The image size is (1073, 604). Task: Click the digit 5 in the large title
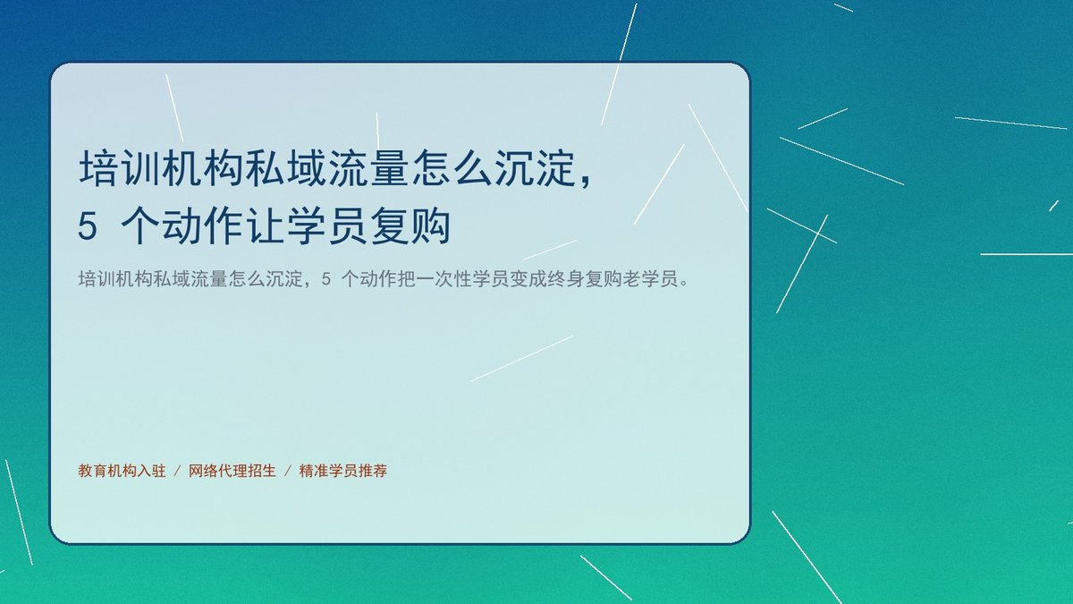click(88, 225)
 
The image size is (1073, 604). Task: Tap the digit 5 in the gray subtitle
click(326, 278)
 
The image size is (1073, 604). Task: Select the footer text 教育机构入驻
click(123, 471)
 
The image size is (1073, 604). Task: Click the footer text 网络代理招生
click(232, 471)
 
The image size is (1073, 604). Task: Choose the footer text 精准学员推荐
click(343, 471)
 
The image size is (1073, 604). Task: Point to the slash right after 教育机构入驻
click(177, 472)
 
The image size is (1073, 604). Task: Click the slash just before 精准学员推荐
click(288, 472)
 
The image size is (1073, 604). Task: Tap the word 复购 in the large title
click(410, 225)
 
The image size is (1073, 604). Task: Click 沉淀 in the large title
click(535, 168)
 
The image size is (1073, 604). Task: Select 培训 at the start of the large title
click(119, 168)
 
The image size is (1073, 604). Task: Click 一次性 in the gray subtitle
click(444, 278)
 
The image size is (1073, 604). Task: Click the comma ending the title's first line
click(586, 180)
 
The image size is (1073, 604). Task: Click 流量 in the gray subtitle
click(209, 278)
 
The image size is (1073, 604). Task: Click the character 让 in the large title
click(265, 225)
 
